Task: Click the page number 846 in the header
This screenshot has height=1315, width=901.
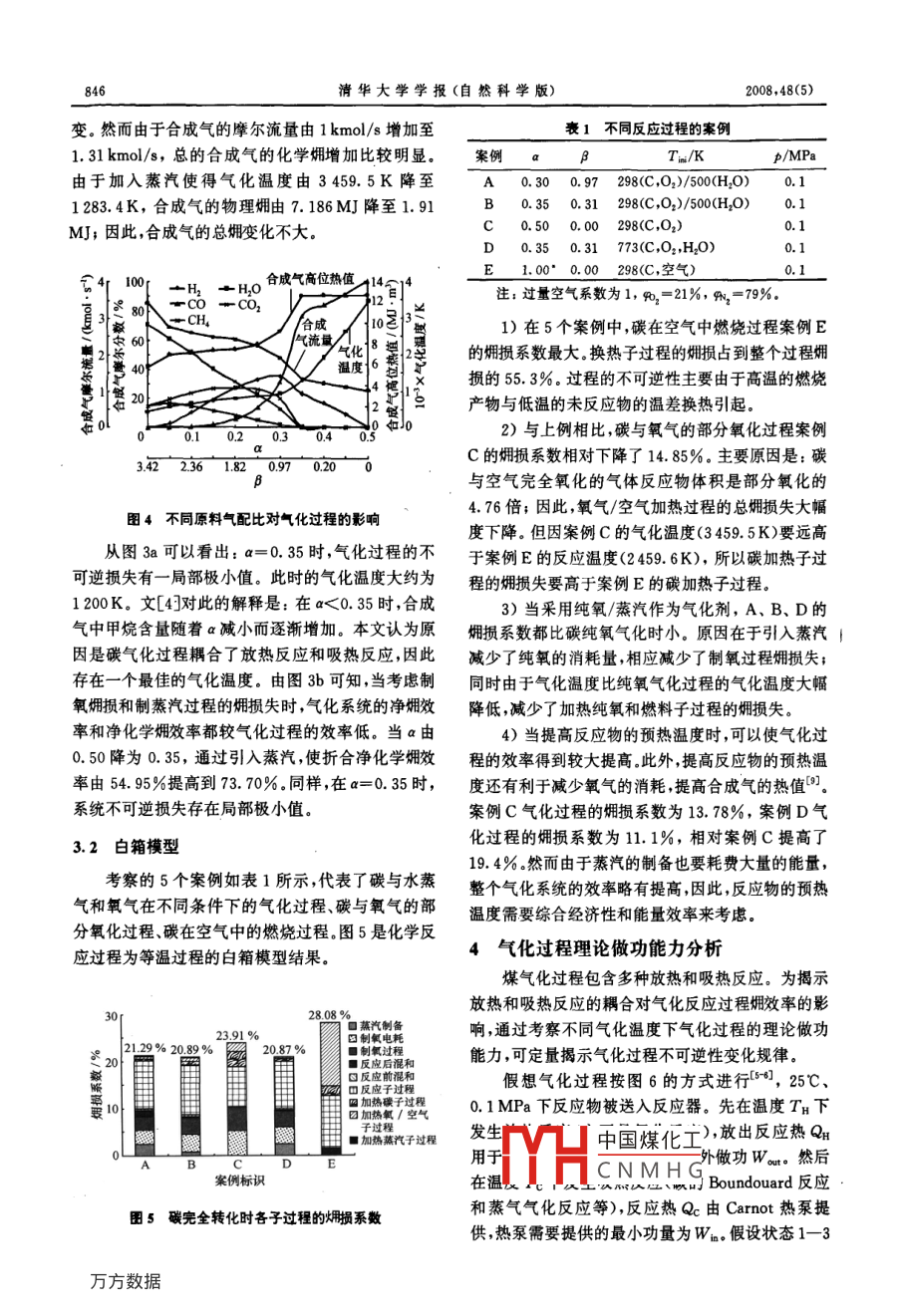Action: click(x=96, y=91)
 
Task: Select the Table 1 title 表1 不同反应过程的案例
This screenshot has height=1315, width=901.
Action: click(x=648, y=130)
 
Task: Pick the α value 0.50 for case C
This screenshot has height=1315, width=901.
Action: click(x=534, y=226)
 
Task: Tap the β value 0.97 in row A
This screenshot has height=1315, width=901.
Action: click(x=584, y=182)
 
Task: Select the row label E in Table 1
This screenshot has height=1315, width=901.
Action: click(x=488, y=270)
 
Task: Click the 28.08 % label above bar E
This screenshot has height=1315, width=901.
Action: click(x=329, y=1014)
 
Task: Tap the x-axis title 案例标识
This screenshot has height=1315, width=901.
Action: click(x=239, y=1180)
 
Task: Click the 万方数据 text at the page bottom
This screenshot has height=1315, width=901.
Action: click(x=126, y=1282)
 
